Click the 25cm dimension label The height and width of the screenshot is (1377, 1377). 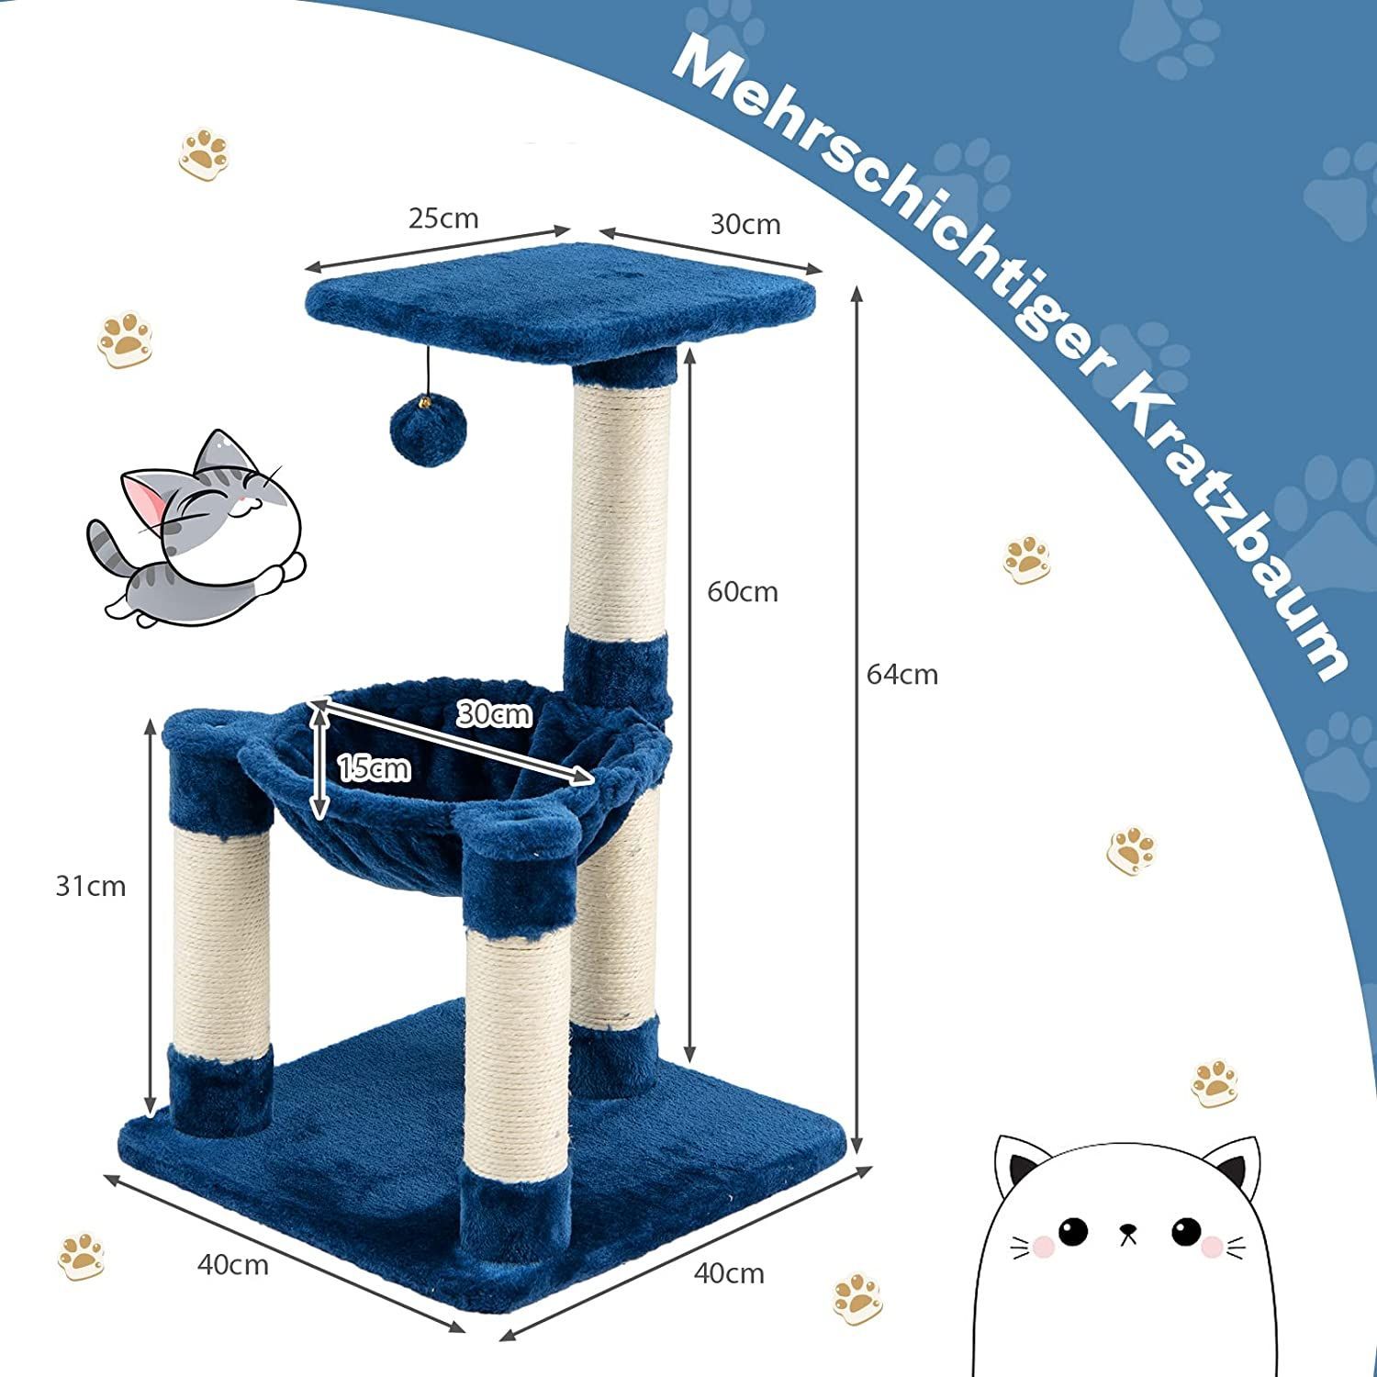click(x=443, y=218)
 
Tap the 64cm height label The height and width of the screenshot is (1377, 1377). click(x=902, y=675)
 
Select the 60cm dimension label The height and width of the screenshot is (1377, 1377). click(x=743, y=592)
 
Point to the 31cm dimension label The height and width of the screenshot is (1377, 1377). click(x=91, y=886)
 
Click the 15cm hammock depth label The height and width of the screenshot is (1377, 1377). click(x=375, y=767)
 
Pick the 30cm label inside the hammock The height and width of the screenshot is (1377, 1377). click(x=495, y=713)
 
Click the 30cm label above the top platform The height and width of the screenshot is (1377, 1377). click(x=745, y=224)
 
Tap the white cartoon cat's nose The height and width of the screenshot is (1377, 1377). click(x=1128, y=1229)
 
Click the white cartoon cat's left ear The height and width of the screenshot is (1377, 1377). click(x=1018, y=1163)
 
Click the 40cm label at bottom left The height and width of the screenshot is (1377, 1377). click(x=233, y=1265)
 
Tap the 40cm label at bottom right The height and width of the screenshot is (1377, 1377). click(x=730, y=1273)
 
